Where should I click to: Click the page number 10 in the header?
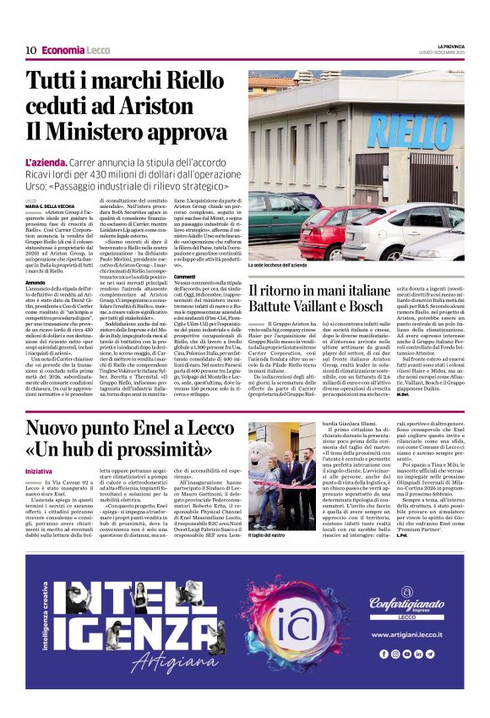click(x=30, y=50)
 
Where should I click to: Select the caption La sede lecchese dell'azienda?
click(x=283, y=265)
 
